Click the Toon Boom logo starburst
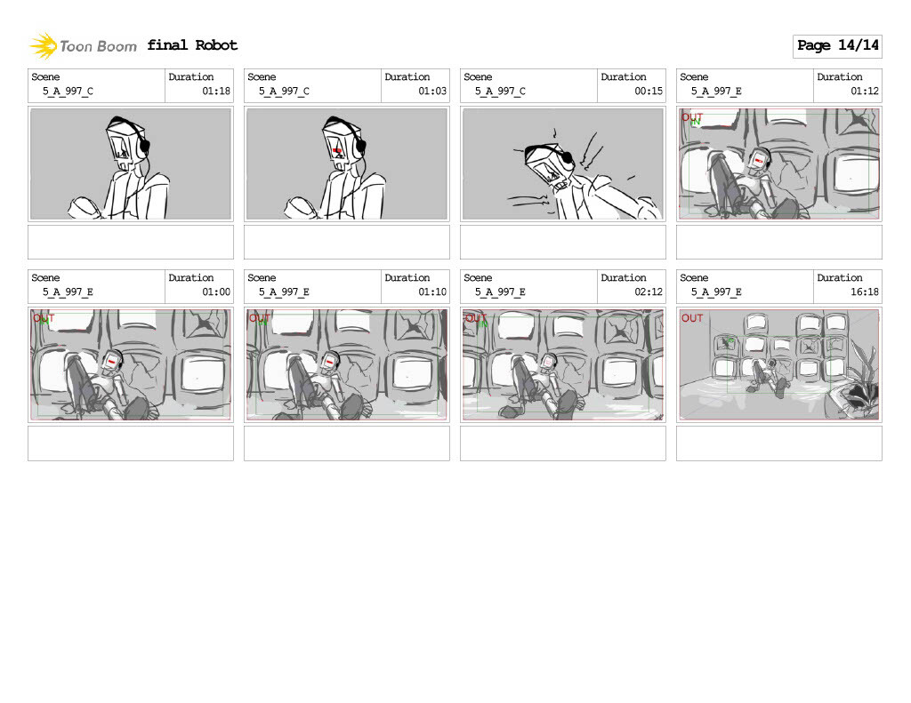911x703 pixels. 44,45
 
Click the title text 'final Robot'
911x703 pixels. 192,45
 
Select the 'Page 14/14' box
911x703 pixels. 837,45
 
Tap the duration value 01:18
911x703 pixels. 216,92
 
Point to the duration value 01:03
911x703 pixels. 432,92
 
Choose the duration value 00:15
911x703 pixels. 649,92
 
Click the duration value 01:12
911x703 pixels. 865,92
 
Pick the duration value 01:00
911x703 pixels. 216,292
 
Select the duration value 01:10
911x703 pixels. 432,292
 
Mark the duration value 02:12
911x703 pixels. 649,292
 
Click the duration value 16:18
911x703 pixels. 865,292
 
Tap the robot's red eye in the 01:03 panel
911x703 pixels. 337,152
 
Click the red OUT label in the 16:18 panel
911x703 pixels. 692,318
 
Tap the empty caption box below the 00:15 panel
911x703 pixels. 562,242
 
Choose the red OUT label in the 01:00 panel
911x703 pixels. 44,318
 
